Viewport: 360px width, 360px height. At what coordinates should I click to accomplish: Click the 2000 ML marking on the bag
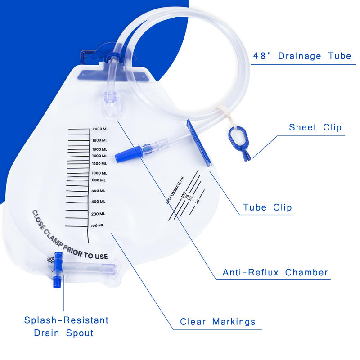click(100, 129)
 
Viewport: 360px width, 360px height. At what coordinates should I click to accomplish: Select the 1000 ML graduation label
click(99, 173)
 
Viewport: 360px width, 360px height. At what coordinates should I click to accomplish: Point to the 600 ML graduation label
click(99, 191)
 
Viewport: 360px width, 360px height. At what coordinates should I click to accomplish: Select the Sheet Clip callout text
click(315, 128)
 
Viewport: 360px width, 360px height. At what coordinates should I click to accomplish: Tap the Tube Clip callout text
click(267, 207)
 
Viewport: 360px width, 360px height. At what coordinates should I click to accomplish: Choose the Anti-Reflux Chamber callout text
click(275, 273)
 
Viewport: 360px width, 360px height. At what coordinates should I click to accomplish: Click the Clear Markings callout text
click(218, 322)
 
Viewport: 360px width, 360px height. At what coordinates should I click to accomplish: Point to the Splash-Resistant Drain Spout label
click(66, 327)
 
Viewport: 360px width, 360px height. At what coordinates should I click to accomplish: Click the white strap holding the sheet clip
click(223, 114)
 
